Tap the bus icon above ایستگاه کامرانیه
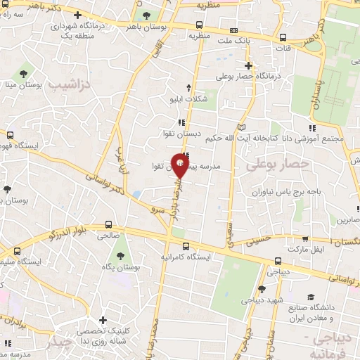point(186,246)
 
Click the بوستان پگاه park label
point(119,267)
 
